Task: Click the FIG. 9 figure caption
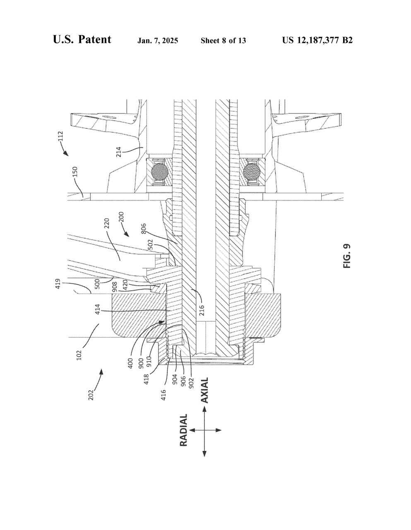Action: [347, 256]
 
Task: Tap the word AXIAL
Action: [204, 390]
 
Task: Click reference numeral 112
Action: [60, 136]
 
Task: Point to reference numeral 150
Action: [75, 172]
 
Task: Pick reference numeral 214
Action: [118, 152]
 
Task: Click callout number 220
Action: [107, 223]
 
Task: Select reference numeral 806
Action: [144, 228]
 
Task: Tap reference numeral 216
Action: [202, 311]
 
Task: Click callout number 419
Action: [58, 284]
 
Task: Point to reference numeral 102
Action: [79, 355]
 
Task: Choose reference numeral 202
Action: [91, 395]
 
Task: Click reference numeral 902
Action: [191, 383]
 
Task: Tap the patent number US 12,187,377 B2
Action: [317, 40]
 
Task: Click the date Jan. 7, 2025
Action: [158, 41]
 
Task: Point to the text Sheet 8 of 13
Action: [223, 41]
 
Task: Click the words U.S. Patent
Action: [82, 39]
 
